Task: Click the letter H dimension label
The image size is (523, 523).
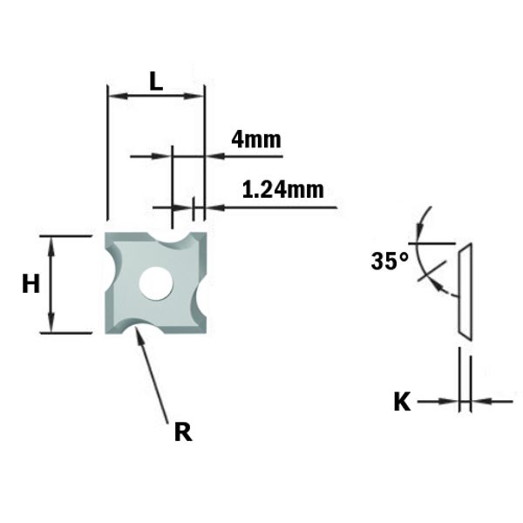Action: click(x=31, y=283)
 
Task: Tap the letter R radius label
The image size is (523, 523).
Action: click(x=182, y=431)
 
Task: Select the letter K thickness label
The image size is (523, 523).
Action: click(x=402, y=402)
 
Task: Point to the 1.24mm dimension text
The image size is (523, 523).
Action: click(x=282, y=189)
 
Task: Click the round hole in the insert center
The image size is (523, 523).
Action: click(x=156, y=282)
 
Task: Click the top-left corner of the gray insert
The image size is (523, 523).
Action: click(x=109, y=235)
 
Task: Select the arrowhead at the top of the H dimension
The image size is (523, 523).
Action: click(x=51, y=243)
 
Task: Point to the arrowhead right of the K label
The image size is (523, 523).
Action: click(x=479, y=402)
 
